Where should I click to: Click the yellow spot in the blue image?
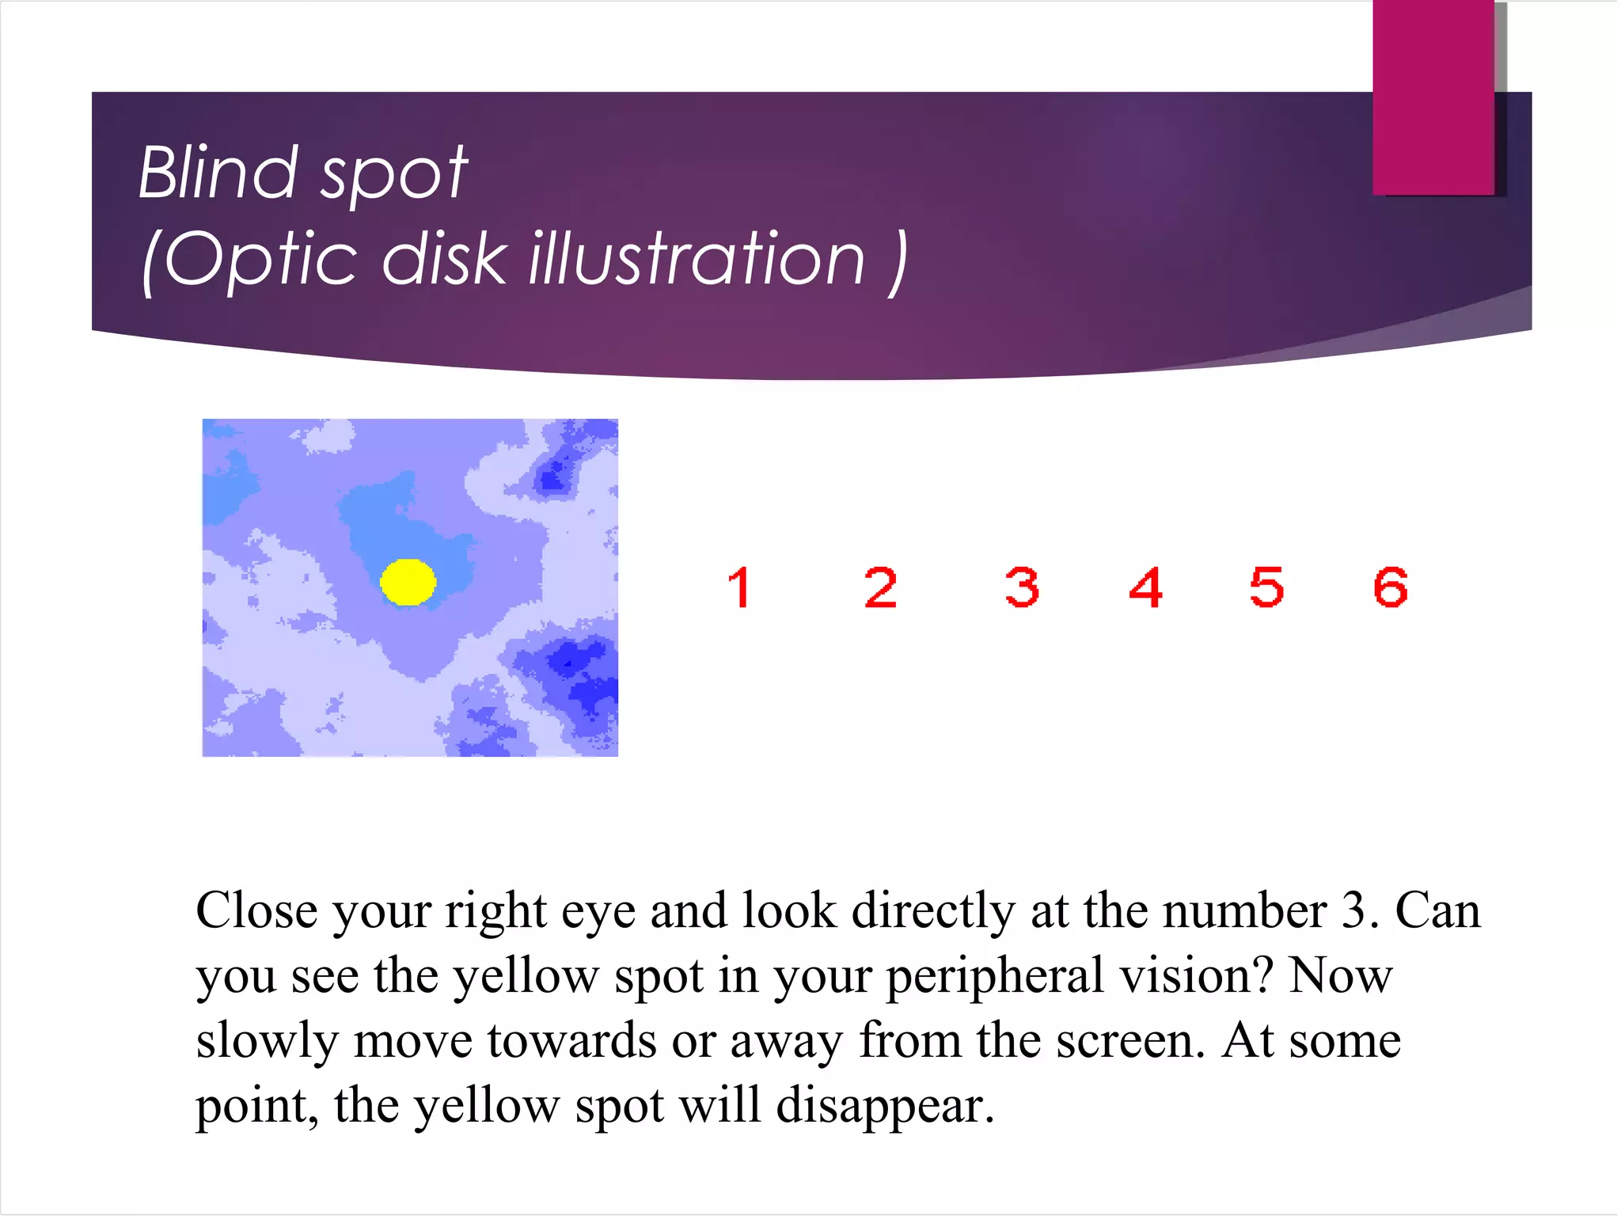click(x=408, y=583)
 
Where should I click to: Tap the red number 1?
click(x=739, y=588)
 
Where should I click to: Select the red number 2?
click(x=880, y=588)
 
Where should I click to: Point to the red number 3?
click(x=1021, y=588)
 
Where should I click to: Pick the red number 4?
click(x=1145, y=588)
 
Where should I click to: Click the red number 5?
click(x=1266, y=588)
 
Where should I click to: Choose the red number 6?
click(x=1391, y=588)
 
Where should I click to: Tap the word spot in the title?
click(x=393, y=176)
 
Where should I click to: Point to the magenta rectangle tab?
click(x=1433, y=97)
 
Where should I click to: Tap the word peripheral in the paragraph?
click(x=993, y=977)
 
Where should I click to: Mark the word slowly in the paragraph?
click(x=267, y=1042)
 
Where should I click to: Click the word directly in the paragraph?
click(x=933, y=912)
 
